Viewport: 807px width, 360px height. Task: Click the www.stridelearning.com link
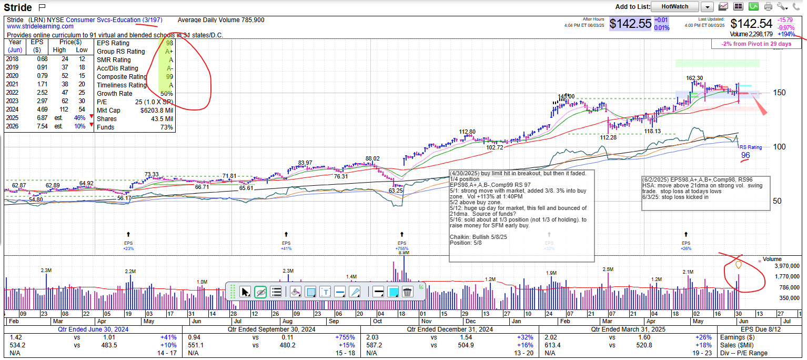(40, 26)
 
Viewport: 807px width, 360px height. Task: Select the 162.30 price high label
(694, 78)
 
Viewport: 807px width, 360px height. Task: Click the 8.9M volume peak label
(404, 253)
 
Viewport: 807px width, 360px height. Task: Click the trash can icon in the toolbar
(407, 292)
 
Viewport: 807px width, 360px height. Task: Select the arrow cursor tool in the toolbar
(245, 292)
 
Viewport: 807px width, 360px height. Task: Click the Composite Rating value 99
(169, 77)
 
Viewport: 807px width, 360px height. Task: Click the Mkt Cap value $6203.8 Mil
(156, 111)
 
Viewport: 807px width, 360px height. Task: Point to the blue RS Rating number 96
(745, 155)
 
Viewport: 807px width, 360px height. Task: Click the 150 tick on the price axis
(780, 93)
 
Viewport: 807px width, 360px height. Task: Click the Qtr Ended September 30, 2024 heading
(271, 329)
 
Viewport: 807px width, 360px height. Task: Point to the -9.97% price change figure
(786, 27)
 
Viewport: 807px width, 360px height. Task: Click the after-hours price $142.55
(630, 24)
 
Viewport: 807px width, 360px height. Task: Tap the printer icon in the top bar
(768, 7)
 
